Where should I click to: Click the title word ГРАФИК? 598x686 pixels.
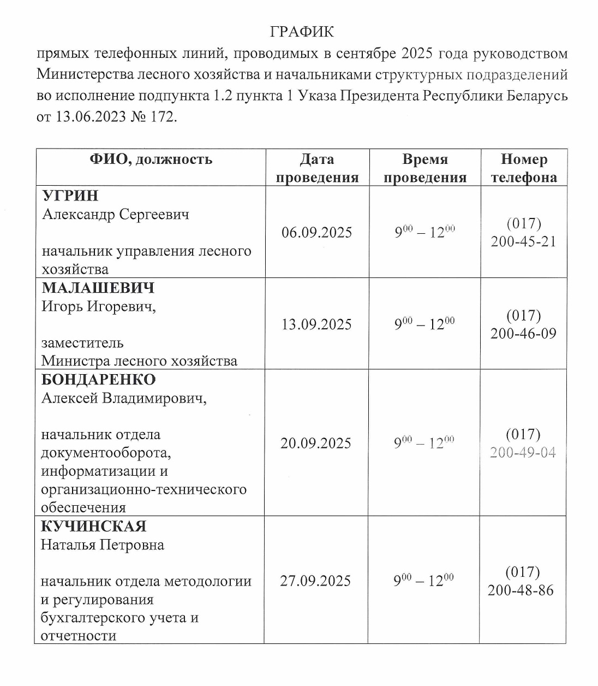coord(302,32)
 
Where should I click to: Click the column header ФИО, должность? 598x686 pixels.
coord(151,159)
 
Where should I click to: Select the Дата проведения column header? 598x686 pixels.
coord(317,168)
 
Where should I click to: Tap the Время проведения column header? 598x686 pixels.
coord(424,168)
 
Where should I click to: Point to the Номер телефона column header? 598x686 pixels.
coord(524,168)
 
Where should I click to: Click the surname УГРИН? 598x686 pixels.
coord(70,196)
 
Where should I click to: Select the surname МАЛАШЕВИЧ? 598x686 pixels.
coord(98,288)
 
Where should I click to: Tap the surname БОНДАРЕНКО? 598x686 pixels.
coord(99,380)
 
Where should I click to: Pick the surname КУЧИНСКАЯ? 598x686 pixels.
coord(94,527)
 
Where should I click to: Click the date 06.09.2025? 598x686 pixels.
coord(316,233)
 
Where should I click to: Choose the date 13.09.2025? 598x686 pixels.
coord(316,325)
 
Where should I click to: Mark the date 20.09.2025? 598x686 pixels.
coord(316,443)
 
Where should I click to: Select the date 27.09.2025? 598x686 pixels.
coord(315,581)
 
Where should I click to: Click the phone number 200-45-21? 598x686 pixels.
coord(523,241)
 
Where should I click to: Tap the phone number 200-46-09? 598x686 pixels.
coord(523,334)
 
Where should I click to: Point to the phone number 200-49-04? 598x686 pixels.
coord(523,452)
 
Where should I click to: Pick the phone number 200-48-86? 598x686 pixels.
coord(521,590)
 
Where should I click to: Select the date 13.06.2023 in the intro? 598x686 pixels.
coord(91,117)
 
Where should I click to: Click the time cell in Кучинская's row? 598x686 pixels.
coord(423,581)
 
